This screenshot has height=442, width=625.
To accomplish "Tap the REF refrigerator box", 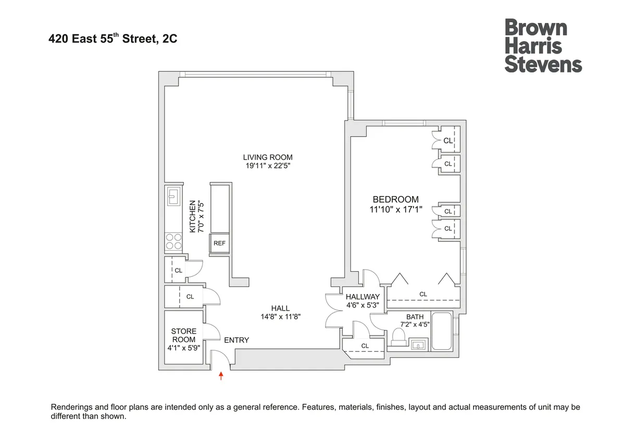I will [x=219, y=243].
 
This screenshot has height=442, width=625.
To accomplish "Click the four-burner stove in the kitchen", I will [x=173, y=241].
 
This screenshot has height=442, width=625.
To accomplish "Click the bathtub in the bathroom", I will [x=442, y=331].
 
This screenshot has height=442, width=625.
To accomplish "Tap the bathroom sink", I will [x=418, y=344].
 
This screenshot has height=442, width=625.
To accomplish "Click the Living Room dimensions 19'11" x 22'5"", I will [x=268, y=166].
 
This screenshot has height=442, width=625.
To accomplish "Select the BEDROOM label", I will [x=395, y=199].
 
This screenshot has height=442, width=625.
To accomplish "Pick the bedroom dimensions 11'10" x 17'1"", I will [x=395, y=210].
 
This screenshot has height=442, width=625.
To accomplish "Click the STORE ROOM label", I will [x=184, y=335].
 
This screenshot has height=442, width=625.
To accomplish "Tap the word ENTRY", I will [x=236, y=340].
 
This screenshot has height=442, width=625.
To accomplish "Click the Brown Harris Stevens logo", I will [x=543, y=46].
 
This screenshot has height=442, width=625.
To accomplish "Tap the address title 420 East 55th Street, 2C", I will [x=113, y=38].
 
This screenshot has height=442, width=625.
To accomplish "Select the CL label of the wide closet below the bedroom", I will [x=423, y=294].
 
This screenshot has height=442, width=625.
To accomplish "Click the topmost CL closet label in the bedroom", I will [x=448, y=140].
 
